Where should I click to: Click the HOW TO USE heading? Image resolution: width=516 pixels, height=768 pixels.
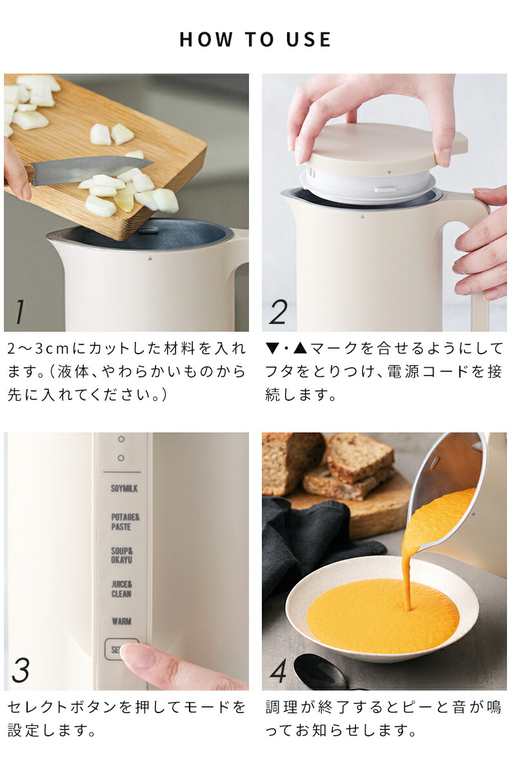tap(255, 39)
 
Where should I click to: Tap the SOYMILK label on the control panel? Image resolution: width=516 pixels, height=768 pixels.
tap(124, 489)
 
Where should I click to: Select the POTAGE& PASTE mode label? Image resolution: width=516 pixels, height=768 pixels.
tap(124, 522)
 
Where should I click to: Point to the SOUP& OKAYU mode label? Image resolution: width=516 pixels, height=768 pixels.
tap(123, 556)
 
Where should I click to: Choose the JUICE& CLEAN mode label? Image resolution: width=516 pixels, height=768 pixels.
tap(121, 589)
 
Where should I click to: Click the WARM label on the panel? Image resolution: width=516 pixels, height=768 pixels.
tap(121, 621)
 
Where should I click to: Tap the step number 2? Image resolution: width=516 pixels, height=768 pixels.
tap(278, 312)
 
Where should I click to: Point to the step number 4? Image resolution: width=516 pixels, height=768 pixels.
tap(278, 671)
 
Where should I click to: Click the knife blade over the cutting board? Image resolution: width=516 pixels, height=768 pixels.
tap(90, 169)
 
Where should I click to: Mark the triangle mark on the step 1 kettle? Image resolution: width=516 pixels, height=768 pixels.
tap(150, 258)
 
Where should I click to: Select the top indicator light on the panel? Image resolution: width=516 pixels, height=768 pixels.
tap(121, 439)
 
